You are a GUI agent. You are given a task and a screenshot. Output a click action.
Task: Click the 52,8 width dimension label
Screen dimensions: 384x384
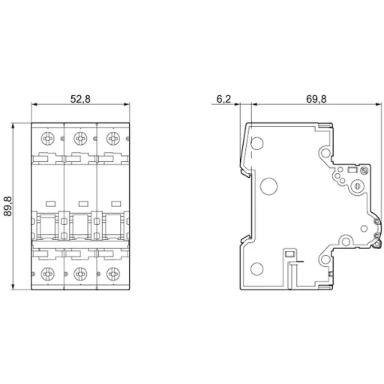[80, 99]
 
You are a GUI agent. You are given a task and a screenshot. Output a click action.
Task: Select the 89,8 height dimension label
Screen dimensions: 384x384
[8, 207]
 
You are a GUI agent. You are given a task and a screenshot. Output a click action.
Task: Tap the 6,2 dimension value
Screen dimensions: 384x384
[223, 99]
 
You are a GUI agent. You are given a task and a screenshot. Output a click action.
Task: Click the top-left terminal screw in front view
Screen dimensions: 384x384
[49, 138]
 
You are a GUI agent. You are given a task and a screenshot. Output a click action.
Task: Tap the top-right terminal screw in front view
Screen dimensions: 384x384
[113, 138]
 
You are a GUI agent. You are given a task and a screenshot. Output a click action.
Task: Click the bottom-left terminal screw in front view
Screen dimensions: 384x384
[49, 273]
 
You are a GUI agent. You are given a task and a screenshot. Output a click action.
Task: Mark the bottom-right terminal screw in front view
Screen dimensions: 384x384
[113, 273]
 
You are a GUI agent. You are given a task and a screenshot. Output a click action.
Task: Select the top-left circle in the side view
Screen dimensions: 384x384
[258, 142]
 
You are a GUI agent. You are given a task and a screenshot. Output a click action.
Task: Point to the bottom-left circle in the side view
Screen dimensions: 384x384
[256, 269]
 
